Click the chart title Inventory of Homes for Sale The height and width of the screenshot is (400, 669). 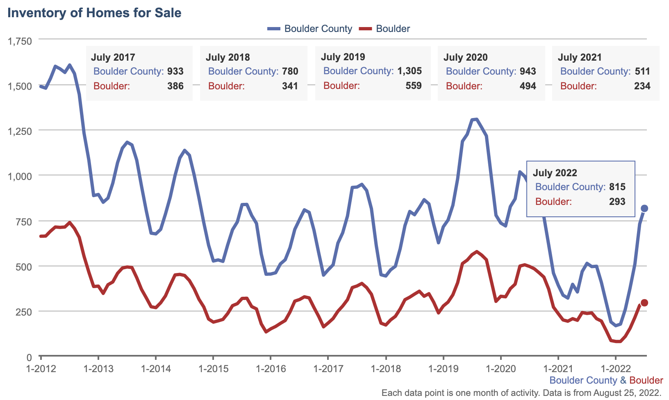94,13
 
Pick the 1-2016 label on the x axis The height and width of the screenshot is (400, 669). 271,368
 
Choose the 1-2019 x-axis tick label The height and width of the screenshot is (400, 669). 443,368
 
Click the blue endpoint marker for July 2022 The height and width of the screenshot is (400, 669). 644,209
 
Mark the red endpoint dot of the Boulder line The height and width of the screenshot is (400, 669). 644,303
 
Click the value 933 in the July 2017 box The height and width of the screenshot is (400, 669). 175,71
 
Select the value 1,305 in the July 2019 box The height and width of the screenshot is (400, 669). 409,71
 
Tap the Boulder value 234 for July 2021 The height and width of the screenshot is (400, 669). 642,86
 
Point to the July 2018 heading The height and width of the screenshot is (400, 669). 228,57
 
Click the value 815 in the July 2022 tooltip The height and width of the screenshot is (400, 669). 617,187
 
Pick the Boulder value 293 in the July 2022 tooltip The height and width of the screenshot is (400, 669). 617,202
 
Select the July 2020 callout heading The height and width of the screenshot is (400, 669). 465,57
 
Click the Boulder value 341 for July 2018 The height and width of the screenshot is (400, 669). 290,86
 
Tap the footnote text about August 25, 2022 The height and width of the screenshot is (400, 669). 521,393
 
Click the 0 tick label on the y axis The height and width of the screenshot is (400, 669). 29,357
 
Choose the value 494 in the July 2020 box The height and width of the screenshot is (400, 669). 528,86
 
